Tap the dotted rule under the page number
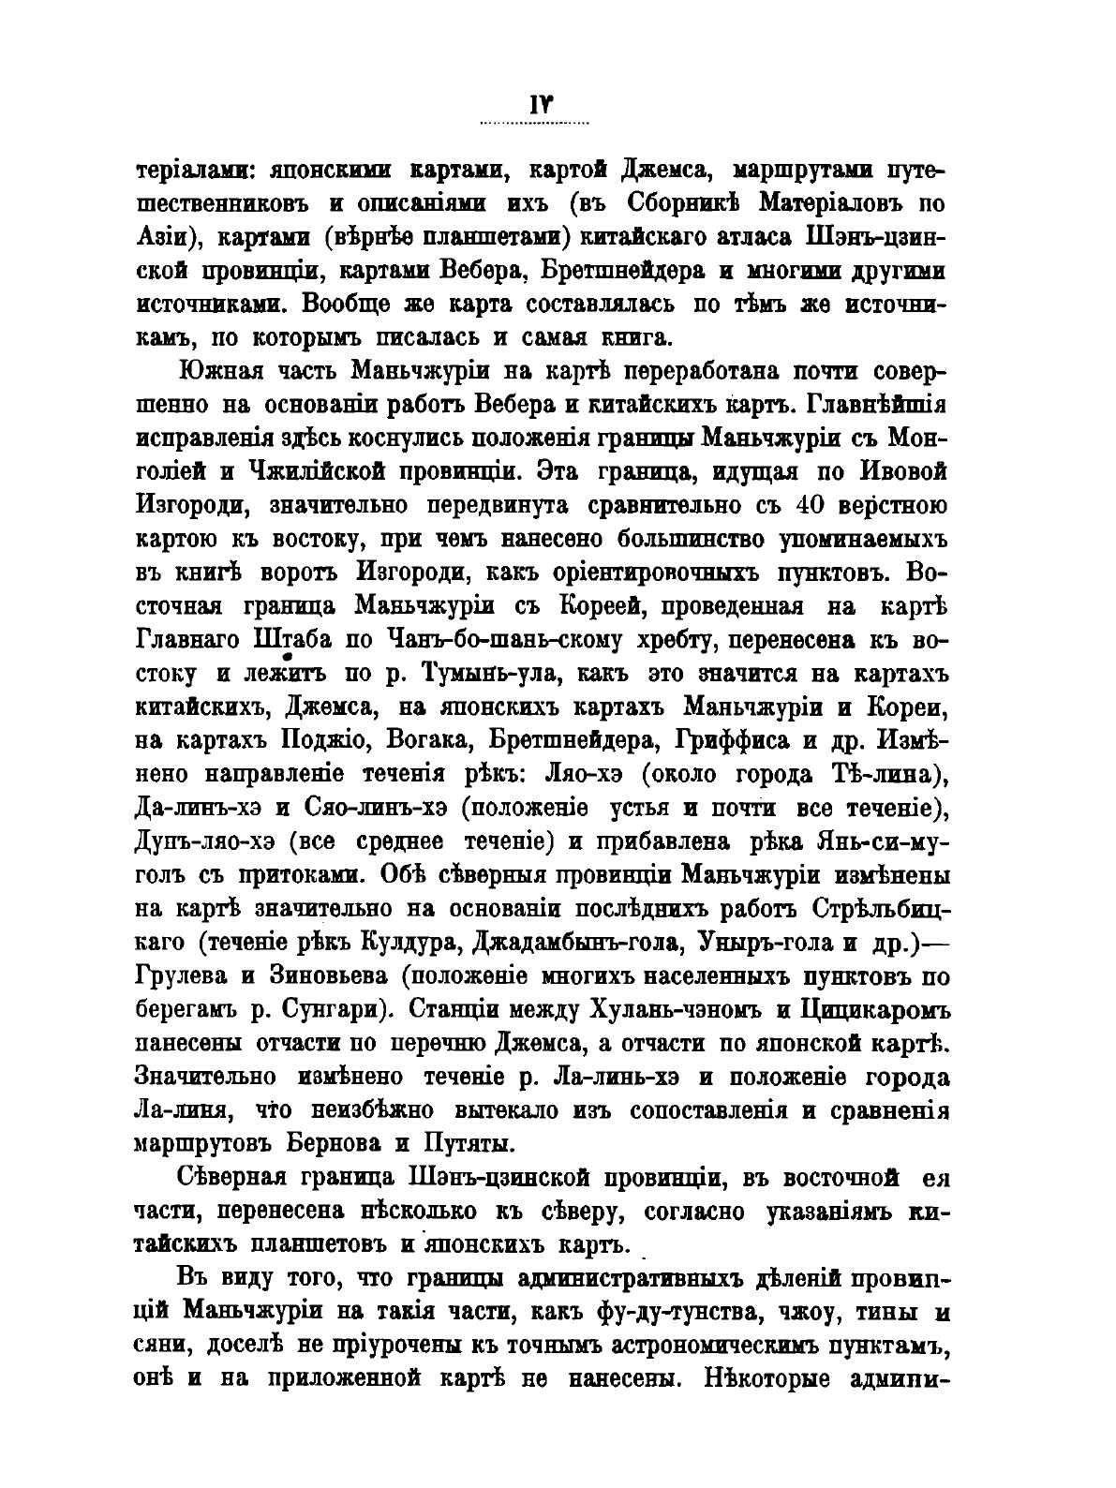534,124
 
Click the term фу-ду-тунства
704,1315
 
